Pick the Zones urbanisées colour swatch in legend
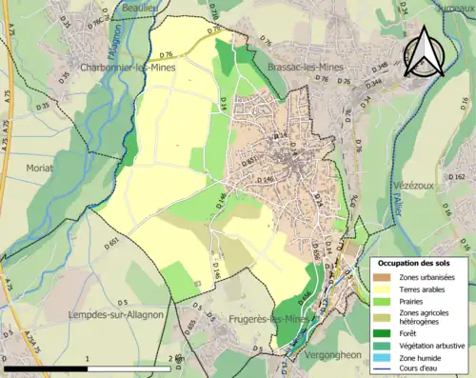click(x=382, y=277)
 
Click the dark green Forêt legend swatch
click(x=382, y=333)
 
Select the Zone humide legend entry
click(x=419, y=358)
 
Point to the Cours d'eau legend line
click(x=382, y=369)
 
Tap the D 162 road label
click(x=457, y=177)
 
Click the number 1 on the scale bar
click(x=88, y=358)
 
